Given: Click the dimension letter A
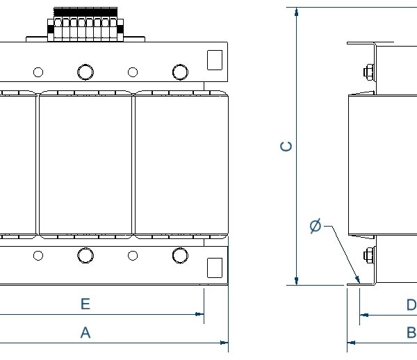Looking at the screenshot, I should tap(85, 333).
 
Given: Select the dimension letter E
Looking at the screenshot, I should tap(85, 304).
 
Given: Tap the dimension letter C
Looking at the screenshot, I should tap(286, 147).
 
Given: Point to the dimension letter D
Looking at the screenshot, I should tap(411, 305).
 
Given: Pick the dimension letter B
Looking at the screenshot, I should tap(411, 333).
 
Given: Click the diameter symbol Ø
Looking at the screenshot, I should tap(316, 226).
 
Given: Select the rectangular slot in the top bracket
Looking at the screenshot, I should tap(215, 59).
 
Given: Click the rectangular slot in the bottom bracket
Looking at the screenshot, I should tap(215, 267).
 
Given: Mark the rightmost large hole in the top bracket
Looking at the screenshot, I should tap(179, 72).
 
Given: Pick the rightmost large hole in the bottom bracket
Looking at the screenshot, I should tap(179, 256).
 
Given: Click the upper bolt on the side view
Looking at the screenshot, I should tap(368, 72).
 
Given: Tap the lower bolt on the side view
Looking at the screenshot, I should tap(368, 256).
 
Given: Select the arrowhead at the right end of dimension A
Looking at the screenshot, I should tap(224, 342).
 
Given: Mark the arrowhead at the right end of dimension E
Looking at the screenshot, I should tap(199, 314).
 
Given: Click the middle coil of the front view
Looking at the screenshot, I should tap(85, 164).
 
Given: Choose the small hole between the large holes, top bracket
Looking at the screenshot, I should tap(132, 72).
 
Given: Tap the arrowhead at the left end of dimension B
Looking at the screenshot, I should tap(351, 342).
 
